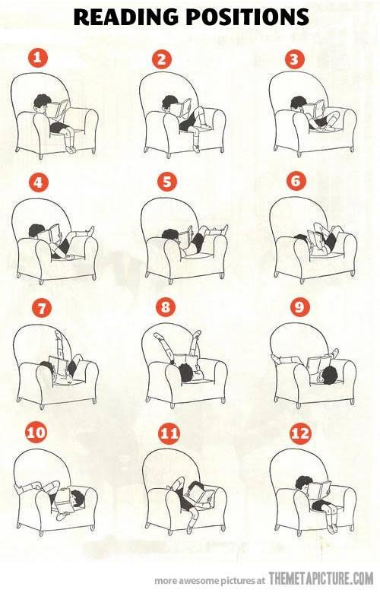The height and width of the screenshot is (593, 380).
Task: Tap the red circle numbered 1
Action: point(37,59)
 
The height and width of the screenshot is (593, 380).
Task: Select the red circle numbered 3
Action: point(294,59)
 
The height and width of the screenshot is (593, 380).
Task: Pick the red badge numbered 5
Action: point(166,182)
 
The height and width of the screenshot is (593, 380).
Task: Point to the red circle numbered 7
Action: point(41,308)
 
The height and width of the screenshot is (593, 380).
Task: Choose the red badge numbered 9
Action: point(299,306)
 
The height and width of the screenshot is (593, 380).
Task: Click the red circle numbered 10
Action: point(36,433)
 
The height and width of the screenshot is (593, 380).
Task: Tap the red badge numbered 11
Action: point(169,433)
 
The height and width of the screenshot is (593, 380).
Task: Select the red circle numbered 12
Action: point(300,433)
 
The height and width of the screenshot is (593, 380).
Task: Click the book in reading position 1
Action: point(58,109)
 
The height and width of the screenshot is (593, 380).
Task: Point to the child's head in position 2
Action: point(169,103)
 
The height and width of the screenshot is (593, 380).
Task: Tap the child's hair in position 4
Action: point(36,230)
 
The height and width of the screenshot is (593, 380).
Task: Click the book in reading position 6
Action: point(315,241)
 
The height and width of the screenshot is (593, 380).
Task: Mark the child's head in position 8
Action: point(186,372)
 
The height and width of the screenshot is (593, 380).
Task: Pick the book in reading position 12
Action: point(318,490)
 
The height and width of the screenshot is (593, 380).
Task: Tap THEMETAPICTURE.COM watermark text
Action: point(321,579)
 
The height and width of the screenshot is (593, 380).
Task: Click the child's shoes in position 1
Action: point(71,150)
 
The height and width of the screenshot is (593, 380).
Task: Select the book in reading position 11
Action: point(201,495)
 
